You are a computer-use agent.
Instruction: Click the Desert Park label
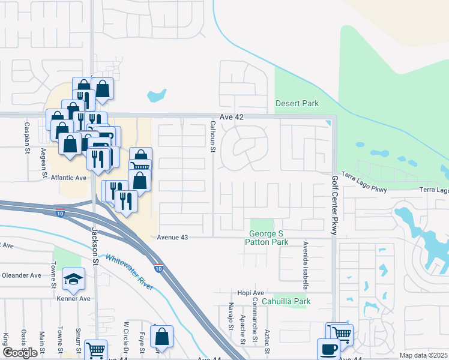[x=297, y=104]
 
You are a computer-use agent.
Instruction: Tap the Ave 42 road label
[x=232, y=117]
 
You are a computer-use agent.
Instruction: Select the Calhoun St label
[x=212, y=137]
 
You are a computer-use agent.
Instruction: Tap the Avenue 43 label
[x=172, y=238]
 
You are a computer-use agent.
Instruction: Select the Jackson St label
[x=95, y=247]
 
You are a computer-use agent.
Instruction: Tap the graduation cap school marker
[x=73, y=278]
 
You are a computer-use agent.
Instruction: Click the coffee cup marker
[x=328, y=349]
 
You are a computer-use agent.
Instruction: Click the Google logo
[x=20, y=353]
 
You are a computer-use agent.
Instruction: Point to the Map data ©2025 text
[x=423, y=355]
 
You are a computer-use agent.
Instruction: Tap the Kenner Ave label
[x=73, y=298]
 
